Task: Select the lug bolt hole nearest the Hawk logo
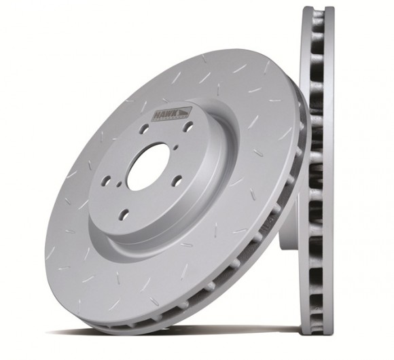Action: point(188,126)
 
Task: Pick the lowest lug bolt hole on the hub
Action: point(124,214)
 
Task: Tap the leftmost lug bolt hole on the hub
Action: point(106,180)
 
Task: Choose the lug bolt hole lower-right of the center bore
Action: point(177,180)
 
